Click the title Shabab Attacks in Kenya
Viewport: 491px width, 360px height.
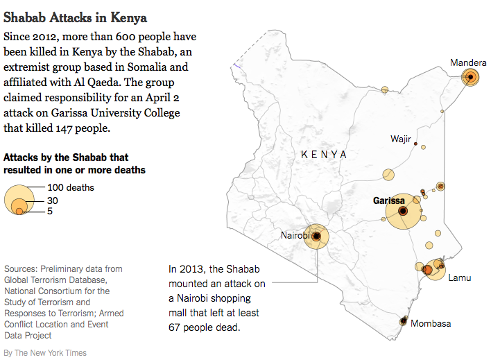pos(76,15)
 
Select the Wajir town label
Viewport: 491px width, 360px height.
pos(401,139)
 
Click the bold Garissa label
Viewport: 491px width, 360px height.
pos(388,200)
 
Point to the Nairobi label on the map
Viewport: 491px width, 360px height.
pos(295,235)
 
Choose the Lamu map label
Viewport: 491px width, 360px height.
pos(459,278)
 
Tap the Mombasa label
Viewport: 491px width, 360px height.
pos(431,323)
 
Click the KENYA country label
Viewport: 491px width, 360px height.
pos(324,154)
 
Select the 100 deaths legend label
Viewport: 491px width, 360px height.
pos(71,187)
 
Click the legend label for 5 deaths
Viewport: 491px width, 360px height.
pos(51,211)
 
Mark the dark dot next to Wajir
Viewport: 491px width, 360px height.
pos(416,144)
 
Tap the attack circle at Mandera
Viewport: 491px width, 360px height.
pos(471,77)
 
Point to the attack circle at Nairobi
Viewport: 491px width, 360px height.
pos(317,237)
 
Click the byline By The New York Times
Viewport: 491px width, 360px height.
pos(45,353)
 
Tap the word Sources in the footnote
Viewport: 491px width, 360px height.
pos(21,268)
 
